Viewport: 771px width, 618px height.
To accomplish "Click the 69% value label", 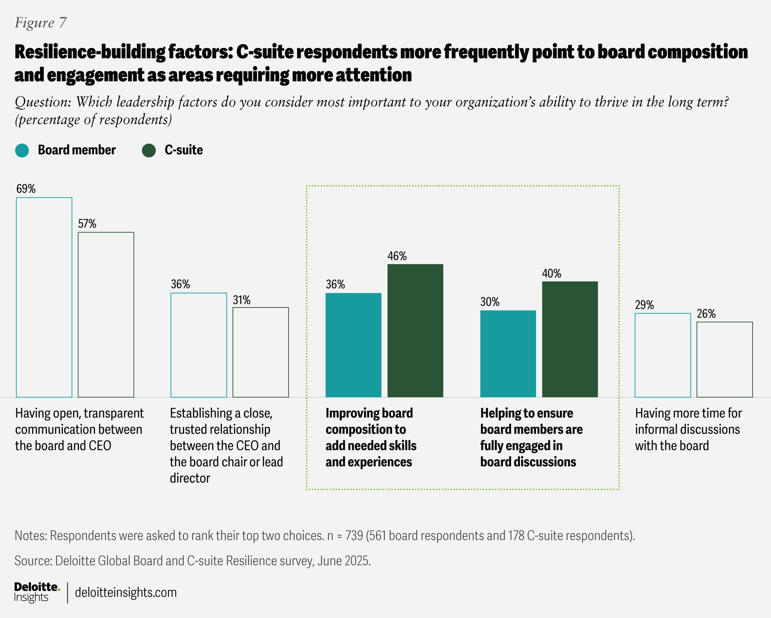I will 26,189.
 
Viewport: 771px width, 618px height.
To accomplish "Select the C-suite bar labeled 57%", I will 106,315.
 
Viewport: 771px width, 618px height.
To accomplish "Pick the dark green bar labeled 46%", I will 415,331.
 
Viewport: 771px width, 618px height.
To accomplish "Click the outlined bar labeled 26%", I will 725,359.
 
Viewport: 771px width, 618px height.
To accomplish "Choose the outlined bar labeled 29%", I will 663,355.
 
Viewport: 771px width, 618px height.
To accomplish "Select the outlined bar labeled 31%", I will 260,352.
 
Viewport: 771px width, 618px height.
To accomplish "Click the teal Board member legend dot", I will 22,150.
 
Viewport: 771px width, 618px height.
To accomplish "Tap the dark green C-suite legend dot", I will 149,150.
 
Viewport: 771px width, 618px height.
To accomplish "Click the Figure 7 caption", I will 40,23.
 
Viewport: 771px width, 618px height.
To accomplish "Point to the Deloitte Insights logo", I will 37,592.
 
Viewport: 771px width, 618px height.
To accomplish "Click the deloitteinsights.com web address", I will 126,592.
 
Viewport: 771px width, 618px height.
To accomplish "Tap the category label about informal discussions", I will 688,429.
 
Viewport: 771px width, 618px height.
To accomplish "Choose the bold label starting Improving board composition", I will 371,437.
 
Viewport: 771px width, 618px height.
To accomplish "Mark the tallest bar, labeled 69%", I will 44,297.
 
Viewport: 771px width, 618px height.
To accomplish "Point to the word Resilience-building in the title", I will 89,52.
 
